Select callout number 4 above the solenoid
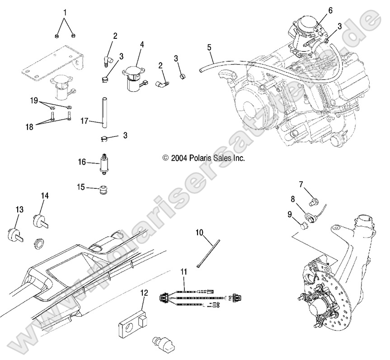click(x=141, y=45)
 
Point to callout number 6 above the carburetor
click(x=330, y=9)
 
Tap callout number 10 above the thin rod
click(x=199, y=233)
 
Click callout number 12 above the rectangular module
click(x=143, y=293)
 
